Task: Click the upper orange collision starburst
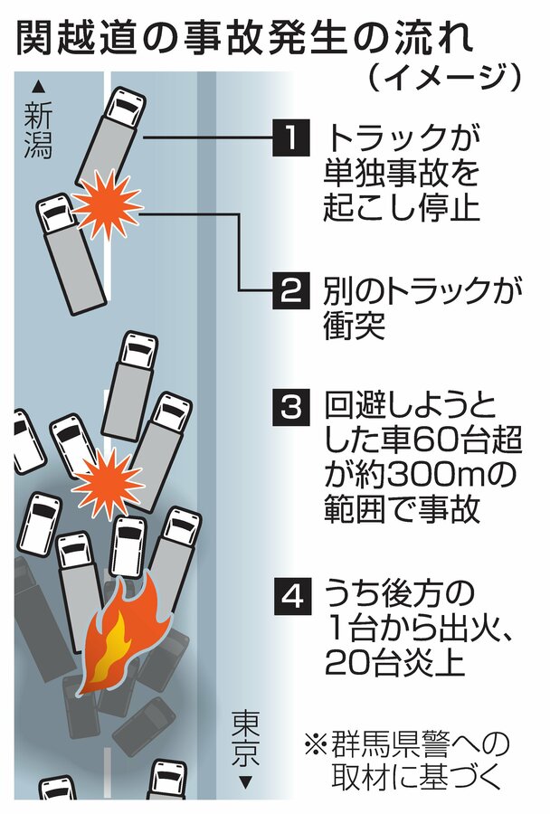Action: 107,208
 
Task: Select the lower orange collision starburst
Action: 107,482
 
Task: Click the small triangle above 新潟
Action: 38,87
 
